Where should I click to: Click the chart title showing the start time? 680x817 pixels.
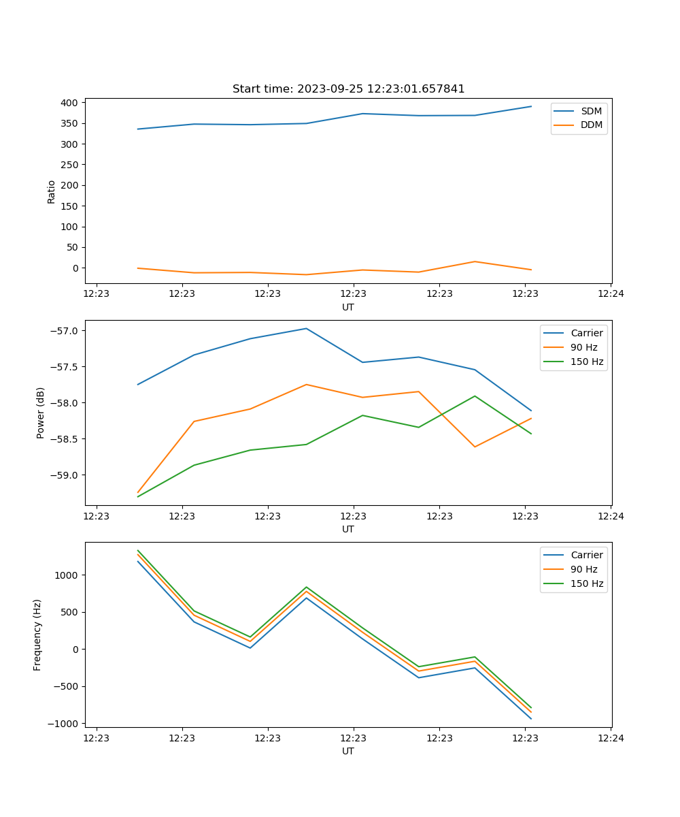click(348, 89)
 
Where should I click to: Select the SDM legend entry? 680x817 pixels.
click(591, 111)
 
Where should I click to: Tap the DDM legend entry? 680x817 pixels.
click(591, 125)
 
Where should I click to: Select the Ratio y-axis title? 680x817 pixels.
click(52, 191)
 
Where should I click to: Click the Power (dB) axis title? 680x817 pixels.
click(41, 413)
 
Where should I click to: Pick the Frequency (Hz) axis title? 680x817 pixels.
click(37, 635)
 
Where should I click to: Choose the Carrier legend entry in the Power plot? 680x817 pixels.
click(586, 333)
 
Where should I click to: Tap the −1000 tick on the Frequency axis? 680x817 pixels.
click(65, 724)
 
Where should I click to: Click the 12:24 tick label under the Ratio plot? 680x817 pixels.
click(610, 294)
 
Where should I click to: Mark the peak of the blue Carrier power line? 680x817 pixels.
click(306, 329)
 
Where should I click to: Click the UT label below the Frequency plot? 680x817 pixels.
click(347, 751)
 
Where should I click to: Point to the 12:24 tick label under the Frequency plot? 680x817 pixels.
click(610, 738)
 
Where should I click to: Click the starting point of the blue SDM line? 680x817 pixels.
click(138, 129)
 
